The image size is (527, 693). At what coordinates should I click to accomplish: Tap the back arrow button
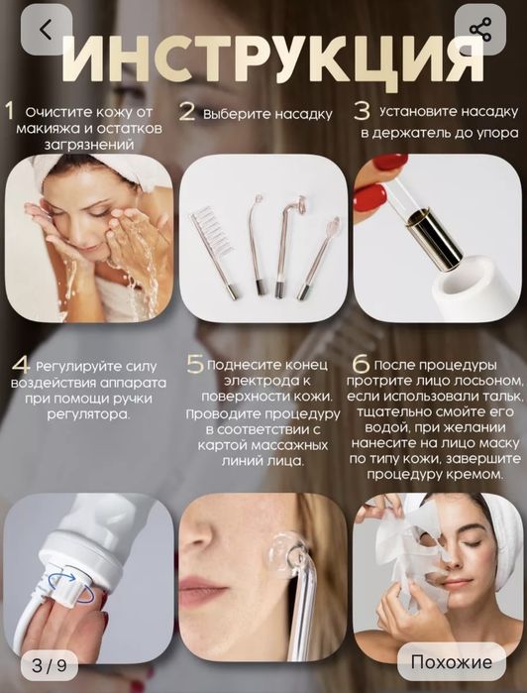tap(46, 30)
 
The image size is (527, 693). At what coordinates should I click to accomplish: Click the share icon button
tap(480, 30)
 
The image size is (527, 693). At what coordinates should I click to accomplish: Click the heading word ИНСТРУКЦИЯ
tap(273, 60)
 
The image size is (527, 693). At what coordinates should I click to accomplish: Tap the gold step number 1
tap(9, 111)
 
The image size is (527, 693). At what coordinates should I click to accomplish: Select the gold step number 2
tap(187, 112)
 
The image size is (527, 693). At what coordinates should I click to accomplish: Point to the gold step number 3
tap(362, 111)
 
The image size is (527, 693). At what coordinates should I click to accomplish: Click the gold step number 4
tap(22, 366)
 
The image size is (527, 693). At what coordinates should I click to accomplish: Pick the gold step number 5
tap(195, 364)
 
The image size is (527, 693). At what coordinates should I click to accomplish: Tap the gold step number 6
tap(361, 364)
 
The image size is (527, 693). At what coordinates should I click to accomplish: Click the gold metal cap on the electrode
tap(435, 240)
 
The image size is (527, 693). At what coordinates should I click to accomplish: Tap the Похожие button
tap(451, 661)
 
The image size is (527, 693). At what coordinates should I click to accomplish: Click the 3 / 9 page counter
tap(49, 665)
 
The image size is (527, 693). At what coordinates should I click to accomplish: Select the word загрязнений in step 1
tap(89, 146)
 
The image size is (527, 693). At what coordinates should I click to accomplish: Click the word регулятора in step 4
tap(88, 415)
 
